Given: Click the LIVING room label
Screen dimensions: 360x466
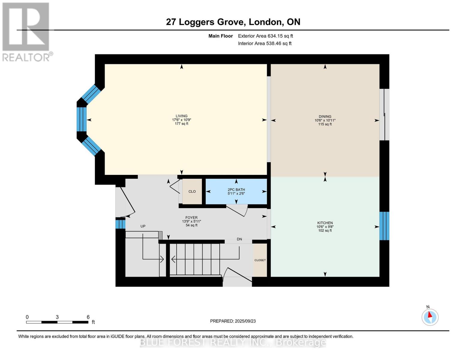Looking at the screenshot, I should (x=182, y=116).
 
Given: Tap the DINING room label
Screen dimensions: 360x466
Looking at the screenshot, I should (x=325, y=116).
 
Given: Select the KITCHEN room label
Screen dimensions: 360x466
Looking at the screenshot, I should (x=325, y=223).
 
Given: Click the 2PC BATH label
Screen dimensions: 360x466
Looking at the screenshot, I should (x=236, y=190).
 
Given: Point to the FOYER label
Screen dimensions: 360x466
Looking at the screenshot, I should (x=191, y=218).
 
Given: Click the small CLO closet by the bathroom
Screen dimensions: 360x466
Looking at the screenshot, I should (x=192, y=191).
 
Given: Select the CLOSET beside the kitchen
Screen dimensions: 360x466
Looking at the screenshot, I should (x=260, y=260).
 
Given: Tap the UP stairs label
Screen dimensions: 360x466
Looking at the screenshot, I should (x=143, y=226).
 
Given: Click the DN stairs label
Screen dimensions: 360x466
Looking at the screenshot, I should (x=239, y=239).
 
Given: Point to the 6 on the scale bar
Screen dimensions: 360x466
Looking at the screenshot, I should (x=88, y=317).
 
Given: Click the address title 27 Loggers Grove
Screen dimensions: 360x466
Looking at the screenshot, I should (x=233, y=22).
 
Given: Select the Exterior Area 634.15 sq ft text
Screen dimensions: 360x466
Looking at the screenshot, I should (x=265, y=36).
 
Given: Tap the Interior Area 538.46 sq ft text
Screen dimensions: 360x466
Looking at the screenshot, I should (x=265, y=43).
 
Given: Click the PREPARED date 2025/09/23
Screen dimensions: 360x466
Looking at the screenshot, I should (x=233, y=321).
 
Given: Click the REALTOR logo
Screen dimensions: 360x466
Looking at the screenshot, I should (x=26, y=32).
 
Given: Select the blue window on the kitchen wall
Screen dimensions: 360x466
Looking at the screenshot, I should (x=384, y=226).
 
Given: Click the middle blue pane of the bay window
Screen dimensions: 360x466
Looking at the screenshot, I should (x=81, y=119).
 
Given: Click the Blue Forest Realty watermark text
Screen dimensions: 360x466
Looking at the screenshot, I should (x=233, y=342).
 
